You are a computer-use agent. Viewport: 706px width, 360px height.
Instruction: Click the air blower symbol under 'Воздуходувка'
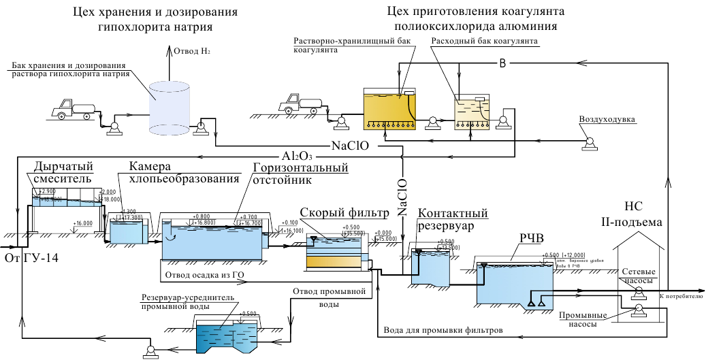pyautogui.click(x=588, y=142)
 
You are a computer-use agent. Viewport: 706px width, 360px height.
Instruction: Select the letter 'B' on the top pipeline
pyautogui.click(x=503, y=64)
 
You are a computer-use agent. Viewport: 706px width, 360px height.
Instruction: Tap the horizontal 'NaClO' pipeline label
pyautogui.click(x=350, y=145)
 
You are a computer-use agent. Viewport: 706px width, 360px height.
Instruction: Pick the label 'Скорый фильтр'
pyautogui.click(x=344, y=213)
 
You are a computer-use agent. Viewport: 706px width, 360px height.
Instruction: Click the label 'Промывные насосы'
pyautogui.click(x=578, y=320)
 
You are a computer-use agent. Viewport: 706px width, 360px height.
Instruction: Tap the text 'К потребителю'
pyautogui.click(x=681, y=297)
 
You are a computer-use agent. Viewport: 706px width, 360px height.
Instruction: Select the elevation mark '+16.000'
pyautogui.click(x=83, y=223)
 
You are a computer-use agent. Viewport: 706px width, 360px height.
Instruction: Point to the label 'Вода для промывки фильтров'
pyautogui.click(x=443, y=329)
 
